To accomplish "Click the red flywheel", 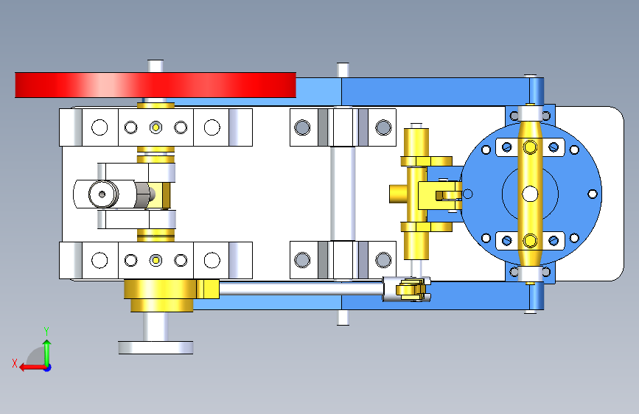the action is pyautogui.click(x=156, y=85).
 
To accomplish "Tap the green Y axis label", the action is pyautogui.click(x=46, y=331).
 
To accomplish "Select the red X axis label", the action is pyautogui.click(x=15, y=363).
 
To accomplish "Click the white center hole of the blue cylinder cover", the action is pyautogui.click(x=530, y=194).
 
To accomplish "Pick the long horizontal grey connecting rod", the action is pyautogui.click(x=301, y=289).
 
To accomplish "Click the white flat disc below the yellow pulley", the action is pyautogui.click(x=156, y=348).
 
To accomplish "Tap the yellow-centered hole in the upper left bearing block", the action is pyautogui.click(x=156, y=127).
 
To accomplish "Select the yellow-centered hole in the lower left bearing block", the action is pyautogui.click(x=156, y=260).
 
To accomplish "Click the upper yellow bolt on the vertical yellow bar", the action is pyautogui.click(x=530, y=147).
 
